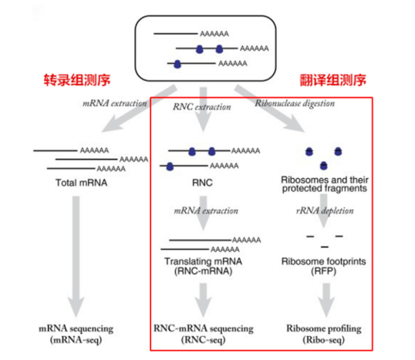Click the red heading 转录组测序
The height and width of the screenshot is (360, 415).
click(77, 80)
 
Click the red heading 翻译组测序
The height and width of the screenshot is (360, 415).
click(333, 80)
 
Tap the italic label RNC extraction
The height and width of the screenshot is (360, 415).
click(202, 107)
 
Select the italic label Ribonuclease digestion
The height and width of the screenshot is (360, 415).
click(295, 103)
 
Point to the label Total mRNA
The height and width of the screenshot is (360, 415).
click(82, 183)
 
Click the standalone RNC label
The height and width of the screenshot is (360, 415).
click(202, 183)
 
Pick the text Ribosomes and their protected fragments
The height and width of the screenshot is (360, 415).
click(325, 183)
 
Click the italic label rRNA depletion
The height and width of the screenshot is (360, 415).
click(325, 210)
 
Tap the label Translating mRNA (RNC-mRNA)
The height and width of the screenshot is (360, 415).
click(204, 267)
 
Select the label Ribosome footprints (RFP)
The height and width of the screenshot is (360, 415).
click(324, 267)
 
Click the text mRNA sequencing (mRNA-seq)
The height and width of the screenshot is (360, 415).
click(76, 334)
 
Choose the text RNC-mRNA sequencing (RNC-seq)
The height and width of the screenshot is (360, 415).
click(204, 334)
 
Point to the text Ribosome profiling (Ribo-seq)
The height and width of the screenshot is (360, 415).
click(324, 334)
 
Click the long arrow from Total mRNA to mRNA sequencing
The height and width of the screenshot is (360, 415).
click(76, 257)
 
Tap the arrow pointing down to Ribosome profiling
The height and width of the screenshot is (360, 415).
click(326, 300)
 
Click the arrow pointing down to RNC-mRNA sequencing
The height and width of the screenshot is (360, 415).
click(203, 300)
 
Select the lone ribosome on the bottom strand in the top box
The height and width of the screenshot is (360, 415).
click(177, 64)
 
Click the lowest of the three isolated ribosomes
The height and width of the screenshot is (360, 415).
click(324, 166)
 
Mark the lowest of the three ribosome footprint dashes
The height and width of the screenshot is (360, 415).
click(325, 247)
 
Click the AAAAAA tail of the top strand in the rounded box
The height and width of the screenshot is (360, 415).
click(214, 34)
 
